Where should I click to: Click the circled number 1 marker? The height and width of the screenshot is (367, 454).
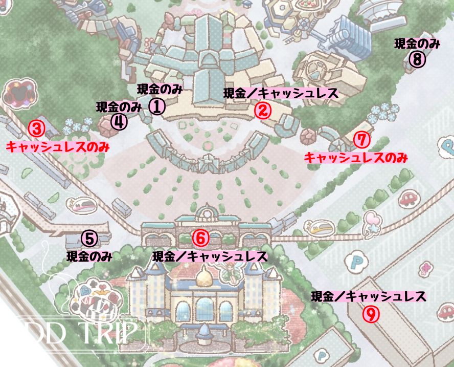(x=157, y=106)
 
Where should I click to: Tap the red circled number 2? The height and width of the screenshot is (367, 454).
(x=262, y=110)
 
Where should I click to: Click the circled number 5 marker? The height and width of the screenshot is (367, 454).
(x=89, y=238)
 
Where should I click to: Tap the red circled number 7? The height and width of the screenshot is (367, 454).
(x=361, y=139)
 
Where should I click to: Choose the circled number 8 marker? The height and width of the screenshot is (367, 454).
(x=417, y=60)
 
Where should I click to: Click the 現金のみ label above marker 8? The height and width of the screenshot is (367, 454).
(x=417, y=44)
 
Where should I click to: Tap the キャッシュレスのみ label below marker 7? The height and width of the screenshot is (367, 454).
(x=356, y=158)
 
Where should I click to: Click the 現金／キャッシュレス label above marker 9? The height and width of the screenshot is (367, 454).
(x=369, y=296)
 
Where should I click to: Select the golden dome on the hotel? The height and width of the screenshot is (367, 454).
(x=203, y=279)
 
